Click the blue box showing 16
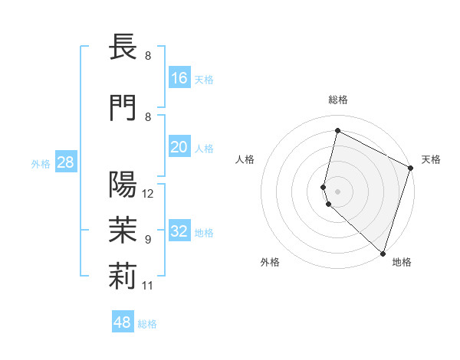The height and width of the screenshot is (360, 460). pos(179,78)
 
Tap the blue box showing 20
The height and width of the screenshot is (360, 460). pos(179,147)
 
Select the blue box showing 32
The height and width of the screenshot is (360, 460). pos(179,231)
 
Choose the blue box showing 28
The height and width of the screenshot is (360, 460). pos(65,162)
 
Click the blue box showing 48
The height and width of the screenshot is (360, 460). pos(123,322)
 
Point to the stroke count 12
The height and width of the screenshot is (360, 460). pos(149,194)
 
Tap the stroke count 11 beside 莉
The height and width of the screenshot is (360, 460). pos(148,286)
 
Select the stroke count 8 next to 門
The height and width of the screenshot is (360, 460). pos(147,117)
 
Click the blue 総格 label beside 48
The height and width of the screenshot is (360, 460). pos(147,324)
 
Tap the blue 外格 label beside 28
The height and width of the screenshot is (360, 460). pos(40,164)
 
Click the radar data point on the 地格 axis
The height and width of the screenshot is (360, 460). pos(383,253)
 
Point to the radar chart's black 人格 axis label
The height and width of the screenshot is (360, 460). pos(245,159)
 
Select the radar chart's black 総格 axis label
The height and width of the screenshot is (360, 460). pos(338,100)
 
